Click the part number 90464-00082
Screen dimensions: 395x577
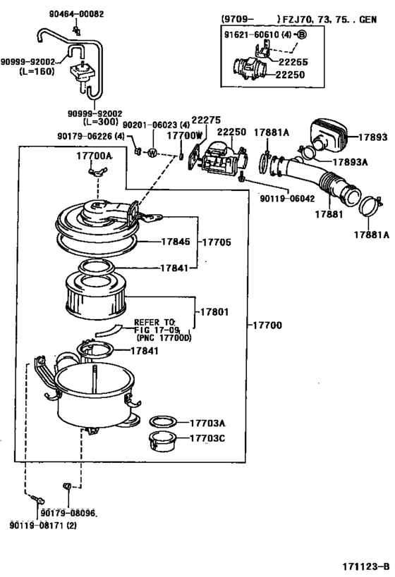(x=77, y=14)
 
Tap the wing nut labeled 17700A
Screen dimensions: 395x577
(x=97, y=171)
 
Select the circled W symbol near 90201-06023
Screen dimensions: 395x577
(x=152, y=153)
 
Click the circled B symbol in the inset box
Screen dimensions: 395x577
(x=301, y=35)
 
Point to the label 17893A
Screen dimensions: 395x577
(x=350, y=162)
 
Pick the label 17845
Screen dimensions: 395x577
(x=176, y=242)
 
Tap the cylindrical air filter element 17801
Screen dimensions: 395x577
(x=96, y=297)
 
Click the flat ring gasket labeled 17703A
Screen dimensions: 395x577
(x=163, y=422)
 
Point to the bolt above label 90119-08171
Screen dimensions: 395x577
(x=38, y=500)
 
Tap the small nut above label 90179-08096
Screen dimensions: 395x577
(x=67, y=487)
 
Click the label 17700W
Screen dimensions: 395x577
(x=185, y=135)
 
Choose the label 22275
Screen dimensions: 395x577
(x=206, y=120)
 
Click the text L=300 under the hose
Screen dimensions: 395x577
(x=101, y=122)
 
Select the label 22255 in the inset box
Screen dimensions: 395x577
(x=293, y=62)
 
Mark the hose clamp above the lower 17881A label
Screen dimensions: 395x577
(x=370, y=206)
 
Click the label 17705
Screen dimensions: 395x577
(x=217, y=242)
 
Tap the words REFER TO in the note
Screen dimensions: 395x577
(x=154, y=322)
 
